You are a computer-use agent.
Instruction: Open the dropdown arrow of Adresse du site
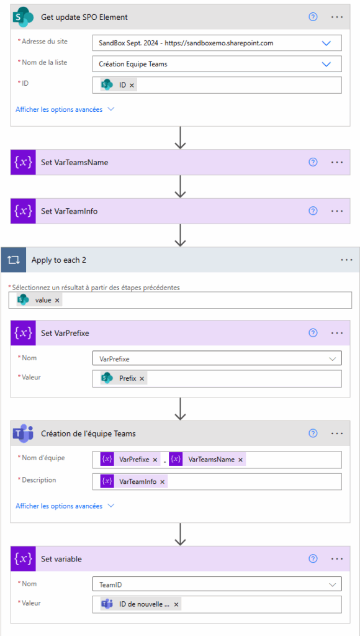[x=326, y=43]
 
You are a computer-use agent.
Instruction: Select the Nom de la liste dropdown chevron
[x=326, y=64]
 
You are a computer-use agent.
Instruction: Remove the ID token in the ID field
[x=132, y=85]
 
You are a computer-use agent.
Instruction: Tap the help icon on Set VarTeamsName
[x=313, y=162]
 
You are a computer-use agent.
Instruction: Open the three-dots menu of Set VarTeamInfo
[x=337, y=211]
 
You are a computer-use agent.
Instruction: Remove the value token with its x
[x=57, y=300]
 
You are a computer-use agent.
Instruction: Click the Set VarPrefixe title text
[x=65, y=333]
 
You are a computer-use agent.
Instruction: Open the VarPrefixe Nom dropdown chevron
[x=333, y=358]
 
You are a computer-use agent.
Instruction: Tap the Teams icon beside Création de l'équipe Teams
[x=23, y=434]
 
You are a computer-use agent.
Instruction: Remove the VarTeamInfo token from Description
[x=162, y=481]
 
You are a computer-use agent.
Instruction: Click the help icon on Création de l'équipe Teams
[x=313, y=434]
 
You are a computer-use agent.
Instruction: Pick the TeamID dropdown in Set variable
[x=217, y=584]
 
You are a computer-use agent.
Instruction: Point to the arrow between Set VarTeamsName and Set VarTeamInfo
[x=180, y=186]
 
